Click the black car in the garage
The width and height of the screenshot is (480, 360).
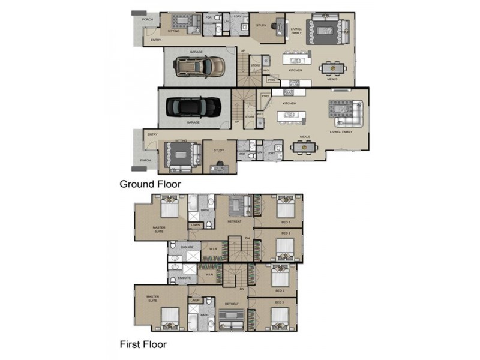coord(193,106)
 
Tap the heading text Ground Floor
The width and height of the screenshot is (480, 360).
coord(151,184)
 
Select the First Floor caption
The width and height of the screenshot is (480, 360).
coord(143,344)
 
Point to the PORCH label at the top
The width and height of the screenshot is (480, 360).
coord(147,19)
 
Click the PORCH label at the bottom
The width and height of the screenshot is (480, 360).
coord(145,160)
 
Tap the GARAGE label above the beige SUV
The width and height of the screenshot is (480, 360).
coord(196,52)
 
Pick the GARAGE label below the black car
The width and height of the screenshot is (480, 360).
coord(193,122)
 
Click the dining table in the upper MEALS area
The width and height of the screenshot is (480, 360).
coord(331,68)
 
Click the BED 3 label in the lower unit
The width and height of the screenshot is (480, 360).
coord(280,302)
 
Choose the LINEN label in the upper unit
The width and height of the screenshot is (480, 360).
coord(195,225)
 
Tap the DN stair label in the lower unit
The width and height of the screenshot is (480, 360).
coord(242,289)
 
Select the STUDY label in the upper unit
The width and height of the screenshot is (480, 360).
coord(261,25)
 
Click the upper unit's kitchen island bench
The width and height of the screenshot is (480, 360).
coord(296,60)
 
